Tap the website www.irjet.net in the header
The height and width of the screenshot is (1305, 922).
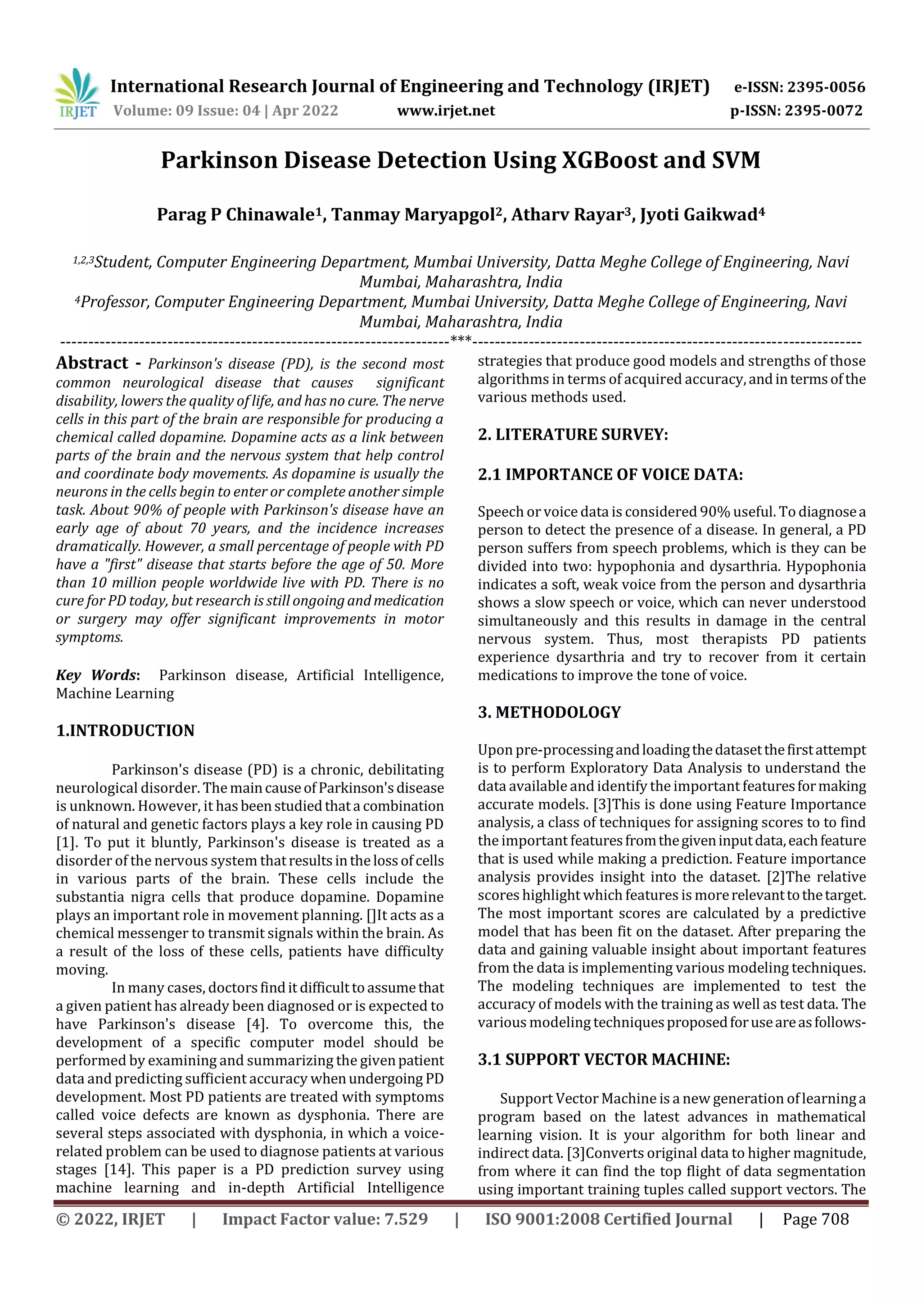point(446,111)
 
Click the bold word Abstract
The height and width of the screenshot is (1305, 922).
point(92,363)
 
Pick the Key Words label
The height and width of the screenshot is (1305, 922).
point(97,675)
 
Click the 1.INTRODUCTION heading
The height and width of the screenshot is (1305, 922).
point(125,730)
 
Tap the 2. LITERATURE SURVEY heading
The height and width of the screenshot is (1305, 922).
point(573,435)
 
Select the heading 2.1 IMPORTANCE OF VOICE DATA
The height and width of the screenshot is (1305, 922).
point(610,475)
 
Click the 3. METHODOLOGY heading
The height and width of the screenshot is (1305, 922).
point(549,712)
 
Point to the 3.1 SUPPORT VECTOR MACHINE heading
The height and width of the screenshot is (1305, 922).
point(603,1059)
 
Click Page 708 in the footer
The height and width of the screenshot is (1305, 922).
point(815,1219)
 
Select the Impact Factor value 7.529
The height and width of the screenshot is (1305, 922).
point(404,1219)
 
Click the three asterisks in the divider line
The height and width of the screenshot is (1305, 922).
point(461,340)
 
